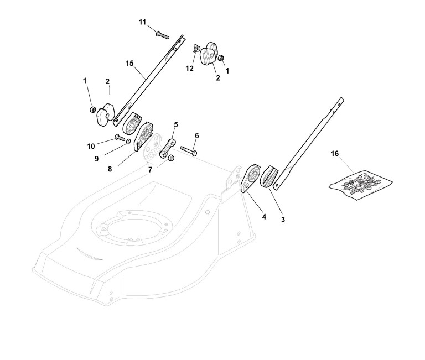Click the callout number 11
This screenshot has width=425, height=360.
pyautogui.click(x=142, y=22)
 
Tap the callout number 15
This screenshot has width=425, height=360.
pyautogui.click(x=130, y=64)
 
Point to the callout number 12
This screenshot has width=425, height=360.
pyautogui.click(x=190, y=69)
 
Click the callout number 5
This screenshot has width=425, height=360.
pyautogui.click(x=176, y=125)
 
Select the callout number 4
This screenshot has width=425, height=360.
pyautogui.click(x=264, y=217)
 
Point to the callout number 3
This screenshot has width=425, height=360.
pyautogui.click(x=283, y=220)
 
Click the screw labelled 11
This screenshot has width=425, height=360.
pyautogui.click(x=161, y=34)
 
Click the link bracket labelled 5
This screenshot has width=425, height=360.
pyautogui.click(x=169, y=147)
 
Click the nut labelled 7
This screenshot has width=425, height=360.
pyautogui.click(x=171, y=159)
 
